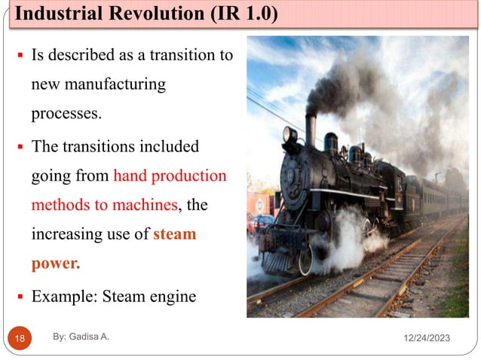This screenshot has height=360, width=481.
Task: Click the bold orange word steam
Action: [175, 234]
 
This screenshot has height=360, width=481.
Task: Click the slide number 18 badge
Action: [20, 340]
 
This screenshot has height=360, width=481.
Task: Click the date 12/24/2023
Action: [424, 340]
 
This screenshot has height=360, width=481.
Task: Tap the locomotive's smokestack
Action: [311, 129]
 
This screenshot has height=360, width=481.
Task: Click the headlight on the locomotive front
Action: [290, 135]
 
